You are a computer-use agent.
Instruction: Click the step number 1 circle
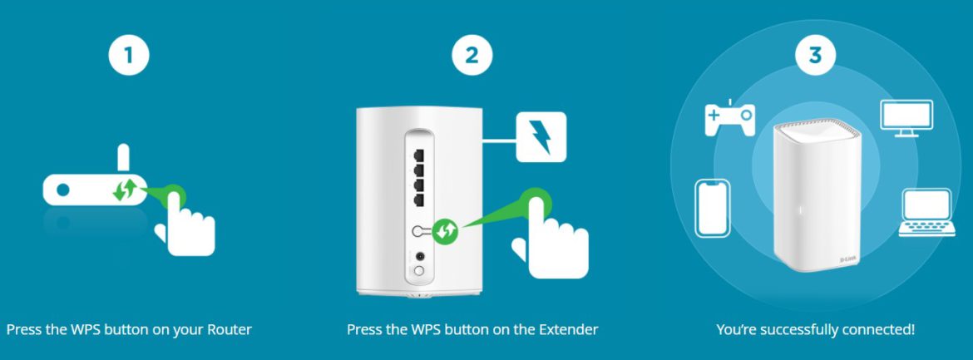[129, 56]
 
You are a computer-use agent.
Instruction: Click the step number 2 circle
[472, 56]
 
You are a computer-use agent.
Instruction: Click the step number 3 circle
[814, 56]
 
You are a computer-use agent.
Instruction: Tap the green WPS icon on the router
[123, 190]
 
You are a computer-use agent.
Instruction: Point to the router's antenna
[121, 158]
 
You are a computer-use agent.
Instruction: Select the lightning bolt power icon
[541, 137]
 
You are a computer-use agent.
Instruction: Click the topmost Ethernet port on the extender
[419, 155]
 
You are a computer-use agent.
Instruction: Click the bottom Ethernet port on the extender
[419, 200]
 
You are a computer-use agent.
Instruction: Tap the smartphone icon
[712, 209]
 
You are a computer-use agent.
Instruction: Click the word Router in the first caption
[230, 330]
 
